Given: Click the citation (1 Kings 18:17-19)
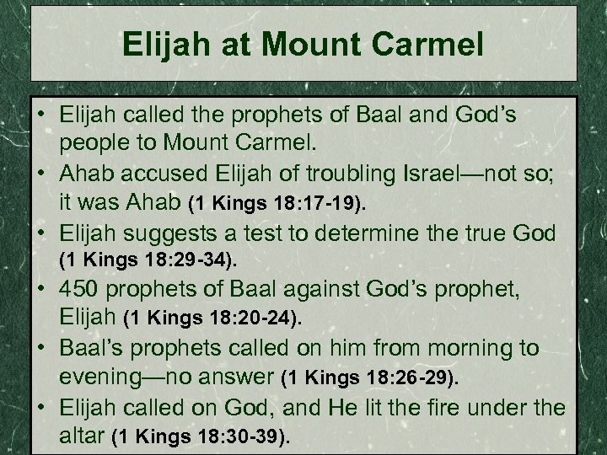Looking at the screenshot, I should (x=266, y=203).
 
